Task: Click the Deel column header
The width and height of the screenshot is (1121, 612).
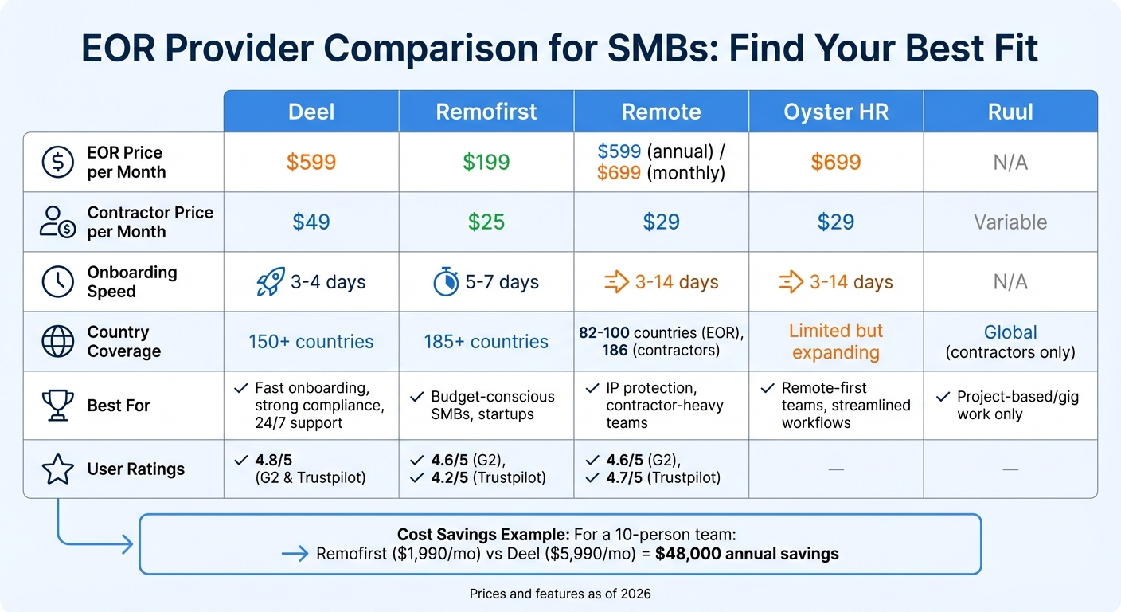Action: (311, 112)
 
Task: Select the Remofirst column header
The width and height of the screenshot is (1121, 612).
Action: (486, 112)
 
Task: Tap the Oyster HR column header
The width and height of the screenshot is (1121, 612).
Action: (836, 112)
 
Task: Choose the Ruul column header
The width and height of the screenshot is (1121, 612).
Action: (1010, 112)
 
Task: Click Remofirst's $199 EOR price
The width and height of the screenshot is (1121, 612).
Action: (486, 163)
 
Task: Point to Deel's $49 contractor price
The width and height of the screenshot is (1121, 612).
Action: (311, 222)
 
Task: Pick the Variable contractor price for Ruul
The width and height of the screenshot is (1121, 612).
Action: (1010, 222)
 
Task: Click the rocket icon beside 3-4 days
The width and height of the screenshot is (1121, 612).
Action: (271, 282)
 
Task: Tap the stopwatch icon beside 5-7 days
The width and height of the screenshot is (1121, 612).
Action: (444, 282)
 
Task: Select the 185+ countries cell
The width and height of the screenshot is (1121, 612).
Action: (486, 342)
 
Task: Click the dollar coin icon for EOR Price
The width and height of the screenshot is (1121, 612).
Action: (57, 163)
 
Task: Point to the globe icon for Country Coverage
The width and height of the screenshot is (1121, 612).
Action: (57, 342)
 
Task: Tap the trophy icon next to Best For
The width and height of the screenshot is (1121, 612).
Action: (57, 406)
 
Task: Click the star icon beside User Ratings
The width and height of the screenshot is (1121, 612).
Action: (57, 470)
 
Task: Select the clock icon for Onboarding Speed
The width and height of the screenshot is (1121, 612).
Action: (57, 282)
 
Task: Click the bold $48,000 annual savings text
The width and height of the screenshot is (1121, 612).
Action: (747, 554)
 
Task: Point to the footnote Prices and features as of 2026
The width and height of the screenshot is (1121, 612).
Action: (560, 594)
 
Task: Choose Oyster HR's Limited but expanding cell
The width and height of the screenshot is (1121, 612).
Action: (836, 342)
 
